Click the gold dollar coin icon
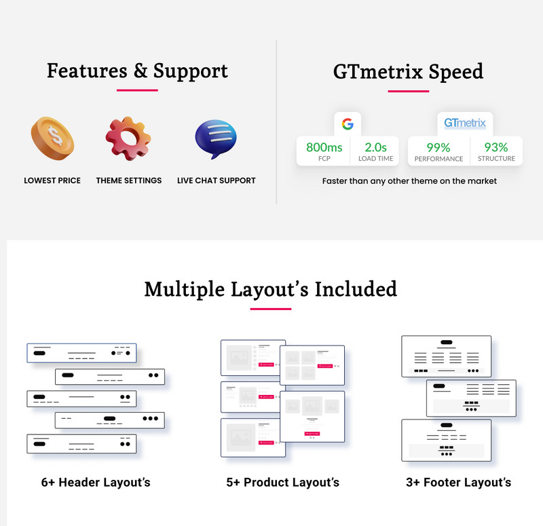click(52, 138)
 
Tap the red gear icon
click(128, 138)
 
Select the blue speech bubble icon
click(216, 138)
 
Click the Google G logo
click(348, 124)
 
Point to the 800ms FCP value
click(324, 147)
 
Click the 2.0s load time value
click(375, 147)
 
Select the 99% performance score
click(438, 147)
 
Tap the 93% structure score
click(496, 147)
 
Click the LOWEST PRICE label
click(52, 181)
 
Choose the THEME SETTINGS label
click(129, 181)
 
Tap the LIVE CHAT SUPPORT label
click(217, 181)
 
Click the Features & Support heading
click(137, 71)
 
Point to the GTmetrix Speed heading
click(408, 71)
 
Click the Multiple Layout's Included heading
click(271, 289)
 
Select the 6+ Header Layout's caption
click(96, 483)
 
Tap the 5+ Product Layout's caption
click(283, 483)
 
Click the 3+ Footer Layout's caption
click(457, 483)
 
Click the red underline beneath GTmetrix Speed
click(408, 90)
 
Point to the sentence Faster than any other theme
click(409, 181)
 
